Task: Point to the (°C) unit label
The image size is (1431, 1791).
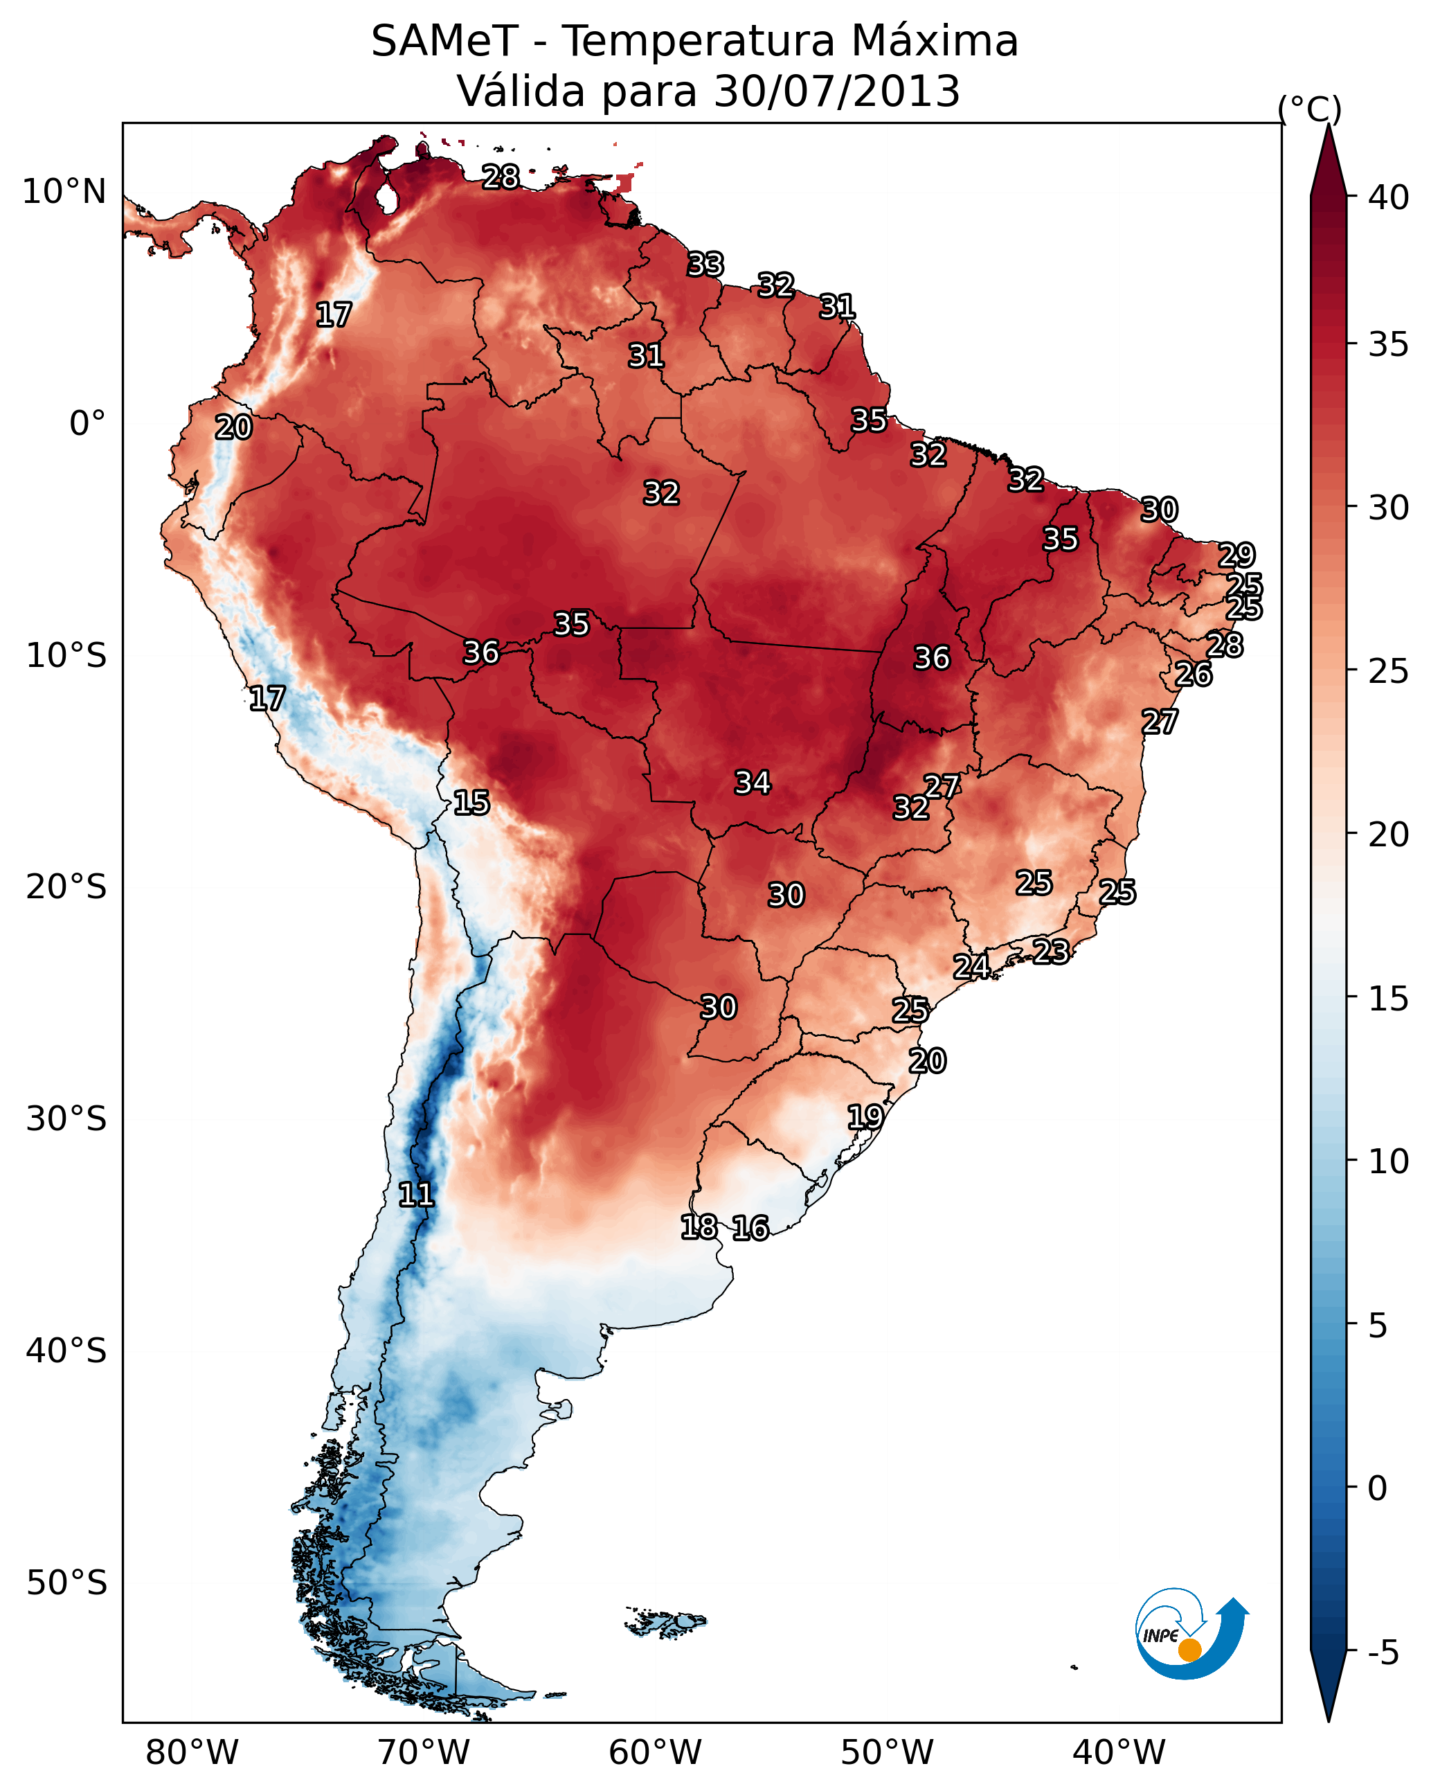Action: pyautogui.click(x=1310, y=109)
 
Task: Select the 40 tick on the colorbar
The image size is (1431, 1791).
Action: pyautogui.click(x=1389, y=197)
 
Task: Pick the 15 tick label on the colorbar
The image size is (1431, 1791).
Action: pyautogui.click(x=1389, y=998)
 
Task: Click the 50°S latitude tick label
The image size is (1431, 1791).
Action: pyautogui.click(x=66, y=1583)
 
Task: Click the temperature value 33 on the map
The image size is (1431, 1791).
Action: pyautogui.click(x=705, y=264)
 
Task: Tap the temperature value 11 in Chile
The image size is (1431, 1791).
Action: pyautogui.click(x=416, y=1195)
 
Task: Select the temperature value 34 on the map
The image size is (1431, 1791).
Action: pyautogui.click(x=753, y=783)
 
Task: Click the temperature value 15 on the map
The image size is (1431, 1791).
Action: pyautogui.click(x=471, y=803)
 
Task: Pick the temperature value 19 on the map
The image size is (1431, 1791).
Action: pyautogui.click(x=865, y=1116)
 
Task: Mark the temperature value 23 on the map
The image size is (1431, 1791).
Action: pyautogui.click(x=1051, y=951)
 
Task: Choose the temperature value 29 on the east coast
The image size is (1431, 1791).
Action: pyautogui.click(x=1236, y=555)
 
